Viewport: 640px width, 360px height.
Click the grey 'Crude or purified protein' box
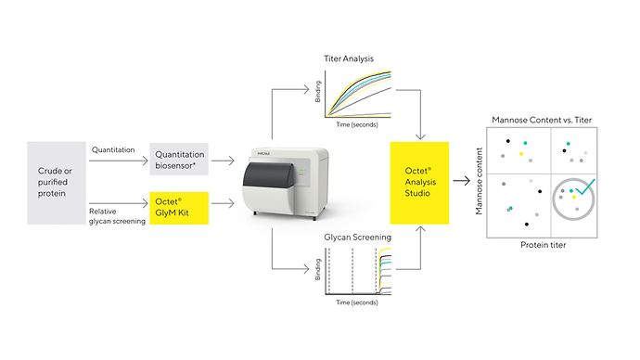pos(58,182)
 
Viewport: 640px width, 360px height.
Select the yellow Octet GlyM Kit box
pos(179,207)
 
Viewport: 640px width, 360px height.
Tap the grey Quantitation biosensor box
pos(179,160)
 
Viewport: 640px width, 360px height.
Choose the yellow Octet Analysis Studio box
pos(418,182)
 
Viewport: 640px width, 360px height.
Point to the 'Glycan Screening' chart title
pos(357,238)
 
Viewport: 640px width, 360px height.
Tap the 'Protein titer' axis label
pos(543,246)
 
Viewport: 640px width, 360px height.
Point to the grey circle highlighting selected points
pos(573,200)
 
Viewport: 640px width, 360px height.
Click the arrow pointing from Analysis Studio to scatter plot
pos(468,182)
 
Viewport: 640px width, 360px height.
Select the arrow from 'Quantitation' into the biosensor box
pos(119,160)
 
